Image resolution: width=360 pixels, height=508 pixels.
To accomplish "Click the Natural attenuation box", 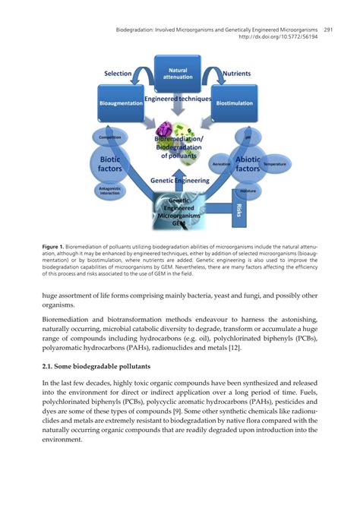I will [x=179, y=74].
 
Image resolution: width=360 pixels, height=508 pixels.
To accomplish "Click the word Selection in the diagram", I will [x=118, y=74].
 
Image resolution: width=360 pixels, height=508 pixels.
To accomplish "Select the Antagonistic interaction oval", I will [x=110, y=191].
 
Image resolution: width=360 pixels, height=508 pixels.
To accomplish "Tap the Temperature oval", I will [x=274, y=163].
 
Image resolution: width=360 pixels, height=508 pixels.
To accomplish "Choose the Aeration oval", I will [x=222, y=163].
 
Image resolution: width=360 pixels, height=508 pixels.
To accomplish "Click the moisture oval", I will [x=248, y=191].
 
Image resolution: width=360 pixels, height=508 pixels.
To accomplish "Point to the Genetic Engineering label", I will [x=178, y=181].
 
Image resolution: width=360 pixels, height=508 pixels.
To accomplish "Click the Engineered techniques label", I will [x=178, y=99].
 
